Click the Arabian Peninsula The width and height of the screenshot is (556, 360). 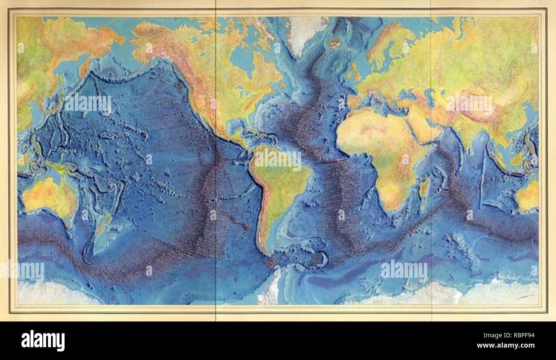pyautogui.click(x=423, y=126)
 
